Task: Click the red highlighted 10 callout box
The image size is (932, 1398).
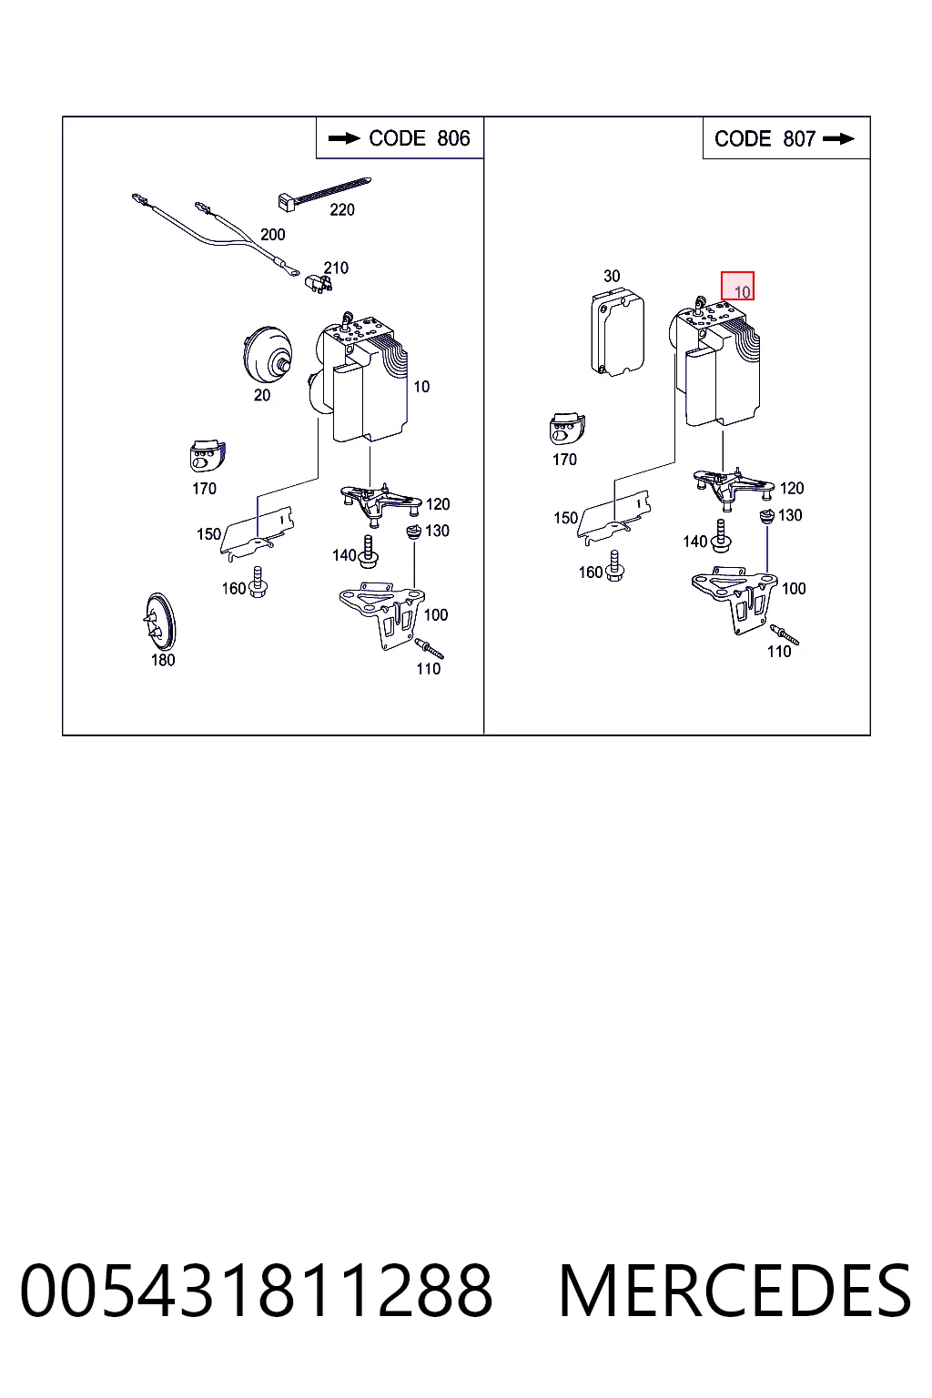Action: (737, 286)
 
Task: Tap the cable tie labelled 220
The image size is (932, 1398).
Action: (324, 192)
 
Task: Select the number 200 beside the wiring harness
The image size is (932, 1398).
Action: (272, 235)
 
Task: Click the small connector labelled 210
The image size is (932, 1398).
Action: (319, 283)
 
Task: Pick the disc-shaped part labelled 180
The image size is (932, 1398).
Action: (160, 622)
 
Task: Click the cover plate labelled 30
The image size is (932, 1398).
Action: (617, 332)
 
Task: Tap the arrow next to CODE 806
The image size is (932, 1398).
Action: (344, 138)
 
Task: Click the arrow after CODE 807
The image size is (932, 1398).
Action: (838, 138)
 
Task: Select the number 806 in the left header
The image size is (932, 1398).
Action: (453, 138)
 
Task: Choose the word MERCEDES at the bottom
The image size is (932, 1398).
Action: (734, 1291)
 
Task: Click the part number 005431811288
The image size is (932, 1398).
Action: (257, 1291)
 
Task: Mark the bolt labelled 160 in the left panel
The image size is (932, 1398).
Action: (258, 582)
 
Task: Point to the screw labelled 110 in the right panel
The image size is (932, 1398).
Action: (784, 634)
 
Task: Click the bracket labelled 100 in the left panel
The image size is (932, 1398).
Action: (381, 614)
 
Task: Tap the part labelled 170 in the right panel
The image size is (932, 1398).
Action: (567, 428)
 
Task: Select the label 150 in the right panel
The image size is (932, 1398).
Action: (565, 518)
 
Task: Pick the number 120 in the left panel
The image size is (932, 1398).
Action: (438, 503)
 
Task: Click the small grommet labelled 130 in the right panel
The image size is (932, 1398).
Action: (766, 517)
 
